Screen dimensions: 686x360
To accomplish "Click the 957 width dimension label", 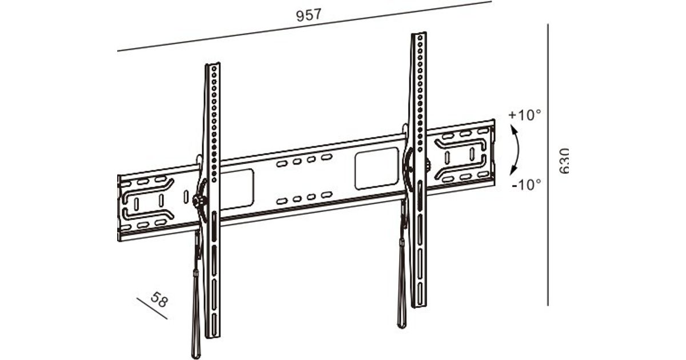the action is [309, 15].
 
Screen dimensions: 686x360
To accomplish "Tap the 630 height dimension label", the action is [564, 161].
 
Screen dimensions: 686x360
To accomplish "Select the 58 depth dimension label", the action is [159, 299].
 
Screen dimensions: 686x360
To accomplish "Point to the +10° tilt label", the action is [525, 115].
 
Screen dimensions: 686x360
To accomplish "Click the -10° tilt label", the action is [527, 185].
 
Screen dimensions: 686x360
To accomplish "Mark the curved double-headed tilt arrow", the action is [518, 150].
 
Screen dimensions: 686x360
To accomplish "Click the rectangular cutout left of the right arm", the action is [377, 169].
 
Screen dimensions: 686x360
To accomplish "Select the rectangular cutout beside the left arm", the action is [237, 189].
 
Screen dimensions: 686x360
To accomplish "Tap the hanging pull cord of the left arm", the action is [196, 294].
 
